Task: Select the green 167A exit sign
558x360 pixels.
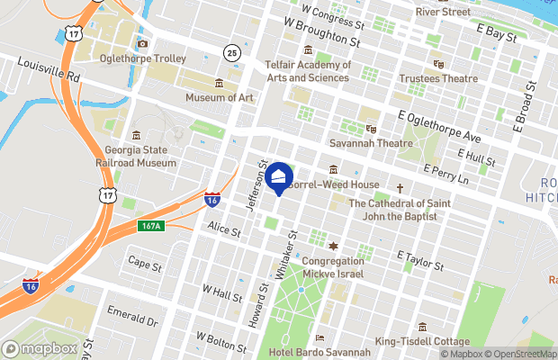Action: (x=150, y=225)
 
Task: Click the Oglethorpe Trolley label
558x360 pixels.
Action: (x=143, y=59)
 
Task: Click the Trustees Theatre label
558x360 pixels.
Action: (x=439, y=78)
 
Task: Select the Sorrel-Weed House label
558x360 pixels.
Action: (x=333, y=184)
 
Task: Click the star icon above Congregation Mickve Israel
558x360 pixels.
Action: (x=332, y=246)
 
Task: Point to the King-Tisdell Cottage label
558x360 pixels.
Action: (x=422, y=342)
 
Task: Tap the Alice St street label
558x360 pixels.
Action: (x=224, y=230)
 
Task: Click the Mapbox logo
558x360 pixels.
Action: (x=40, y=348)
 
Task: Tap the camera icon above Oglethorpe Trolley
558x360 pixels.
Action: (x=142, y=43)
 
